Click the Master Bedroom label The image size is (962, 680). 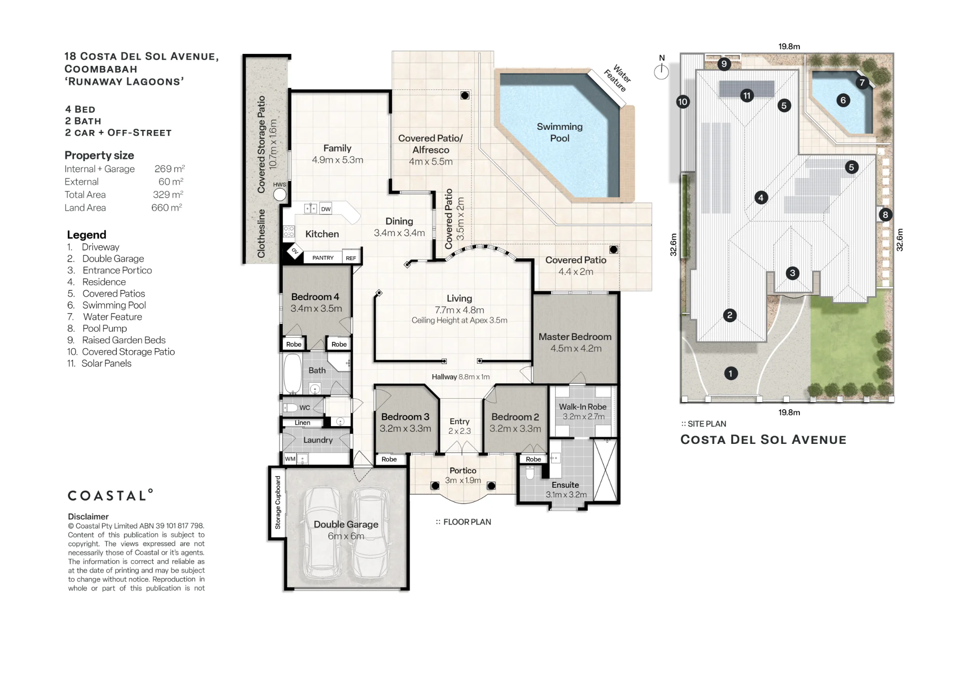coord(575,337)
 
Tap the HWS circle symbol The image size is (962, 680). coord(279,194)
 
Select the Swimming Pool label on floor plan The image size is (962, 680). coord(559,132)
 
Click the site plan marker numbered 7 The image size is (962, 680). coord(862,83)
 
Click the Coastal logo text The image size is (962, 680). coord(110,495)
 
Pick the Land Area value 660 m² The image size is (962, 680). coord(167,207)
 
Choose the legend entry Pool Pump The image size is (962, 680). coord(104,328)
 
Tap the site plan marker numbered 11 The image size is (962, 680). coord(747,96)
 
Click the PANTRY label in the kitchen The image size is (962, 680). coord(323,258)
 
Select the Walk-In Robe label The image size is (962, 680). coord(582,407)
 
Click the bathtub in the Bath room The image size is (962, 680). coord(292,374)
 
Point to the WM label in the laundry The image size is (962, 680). coord(290,459)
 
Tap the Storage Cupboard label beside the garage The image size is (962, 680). coord(278,503)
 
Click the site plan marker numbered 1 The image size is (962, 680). coord(731,373)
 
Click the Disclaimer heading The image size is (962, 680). coord(88,516)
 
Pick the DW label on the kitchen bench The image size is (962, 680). coord(326,209)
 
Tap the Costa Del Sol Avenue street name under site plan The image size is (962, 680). coord(763,440)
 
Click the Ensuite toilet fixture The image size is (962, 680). coord(530,473)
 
